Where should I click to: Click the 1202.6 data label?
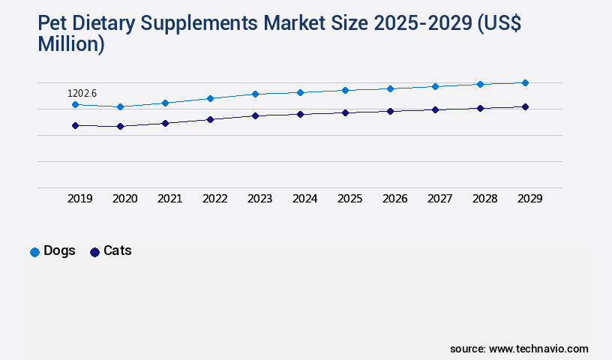[x=82, y=94]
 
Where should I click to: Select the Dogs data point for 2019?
[x=75, y=104]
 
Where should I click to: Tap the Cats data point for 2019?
[x=75, y=126]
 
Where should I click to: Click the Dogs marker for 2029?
[x=525, y=82]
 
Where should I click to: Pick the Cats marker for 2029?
[x=525, y=107]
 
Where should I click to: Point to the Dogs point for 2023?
[x=255, y=94]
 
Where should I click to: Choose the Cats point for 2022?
[x=210, y=119]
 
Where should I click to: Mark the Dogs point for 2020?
[x=120, y=107]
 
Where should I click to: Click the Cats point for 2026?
[x=390, y=111]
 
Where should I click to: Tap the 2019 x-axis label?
[x=80, y=199]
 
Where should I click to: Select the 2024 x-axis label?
[x=305, y=199]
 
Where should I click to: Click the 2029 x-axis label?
[x=530, y=199]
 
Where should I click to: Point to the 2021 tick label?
[x=170, y=199]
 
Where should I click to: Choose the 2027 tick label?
[x=440, y=199]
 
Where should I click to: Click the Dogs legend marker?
[x=34, y=252]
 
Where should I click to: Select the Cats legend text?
[x=118, y=251]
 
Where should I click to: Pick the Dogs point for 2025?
[x=345, y=90]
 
